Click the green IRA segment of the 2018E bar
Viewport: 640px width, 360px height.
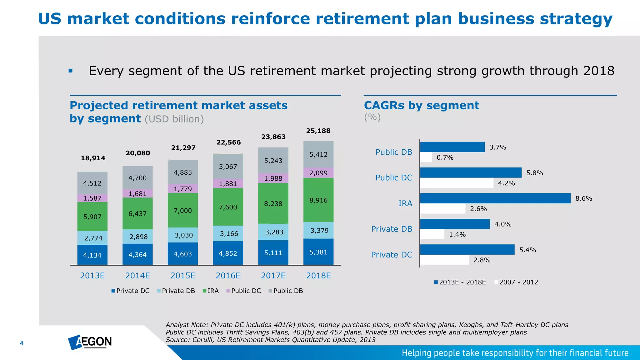(318, 200)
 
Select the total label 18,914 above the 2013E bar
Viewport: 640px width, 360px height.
(93, 158)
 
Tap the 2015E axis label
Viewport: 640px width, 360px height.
(183, 276)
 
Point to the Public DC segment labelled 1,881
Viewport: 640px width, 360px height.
(228, 184)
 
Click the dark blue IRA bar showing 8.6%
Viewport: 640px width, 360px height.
(495, 198)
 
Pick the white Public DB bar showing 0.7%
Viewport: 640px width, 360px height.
(426, 157)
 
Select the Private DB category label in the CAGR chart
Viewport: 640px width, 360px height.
(392, 229)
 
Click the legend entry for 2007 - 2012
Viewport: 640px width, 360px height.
(516, 282)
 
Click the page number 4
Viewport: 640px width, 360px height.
(22, 343)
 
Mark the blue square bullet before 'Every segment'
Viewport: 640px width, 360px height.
(71, 71)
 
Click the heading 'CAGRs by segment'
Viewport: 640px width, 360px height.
(421, 106)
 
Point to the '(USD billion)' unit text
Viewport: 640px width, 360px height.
(174, 119)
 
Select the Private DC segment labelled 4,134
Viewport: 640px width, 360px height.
(92, 255)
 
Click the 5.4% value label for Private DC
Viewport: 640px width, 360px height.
(527, 250)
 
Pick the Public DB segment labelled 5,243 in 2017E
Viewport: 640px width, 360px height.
(273, 161)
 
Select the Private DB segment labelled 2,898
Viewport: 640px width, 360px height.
(138, 237)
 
